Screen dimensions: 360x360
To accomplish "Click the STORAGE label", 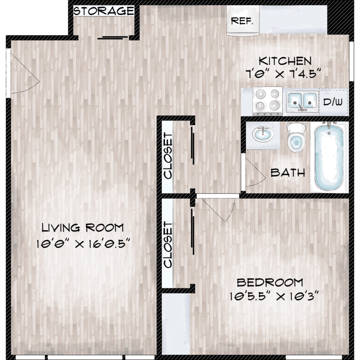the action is click(x=104, y=11).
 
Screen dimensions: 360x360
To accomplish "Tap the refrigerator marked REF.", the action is click(x=243, y=21).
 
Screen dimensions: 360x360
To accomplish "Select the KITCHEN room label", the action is click(x=285, y=61).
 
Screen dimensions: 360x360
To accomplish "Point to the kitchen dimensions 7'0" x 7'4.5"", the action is click(x=283, y=74).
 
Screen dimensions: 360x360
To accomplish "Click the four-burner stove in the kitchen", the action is click(x=267, y=101).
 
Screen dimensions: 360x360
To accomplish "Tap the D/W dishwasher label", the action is click(x=333, y=102).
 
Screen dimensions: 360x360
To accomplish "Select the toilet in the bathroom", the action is click(x=296, y=137).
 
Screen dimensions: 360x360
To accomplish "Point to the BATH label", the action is click(x=288, y=173).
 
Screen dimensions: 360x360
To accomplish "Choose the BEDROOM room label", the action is click(x=270, y=282).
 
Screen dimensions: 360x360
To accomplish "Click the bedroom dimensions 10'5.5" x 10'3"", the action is click(x=275, y=296).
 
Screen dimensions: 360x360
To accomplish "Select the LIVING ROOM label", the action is click(x=83, y=228).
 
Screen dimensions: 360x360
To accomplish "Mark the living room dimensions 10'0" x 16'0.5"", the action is click(x=83, y=243).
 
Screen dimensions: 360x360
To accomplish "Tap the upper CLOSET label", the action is click(x=168, y=156).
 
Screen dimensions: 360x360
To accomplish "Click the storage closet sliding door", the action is click(x=113, y=37).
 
